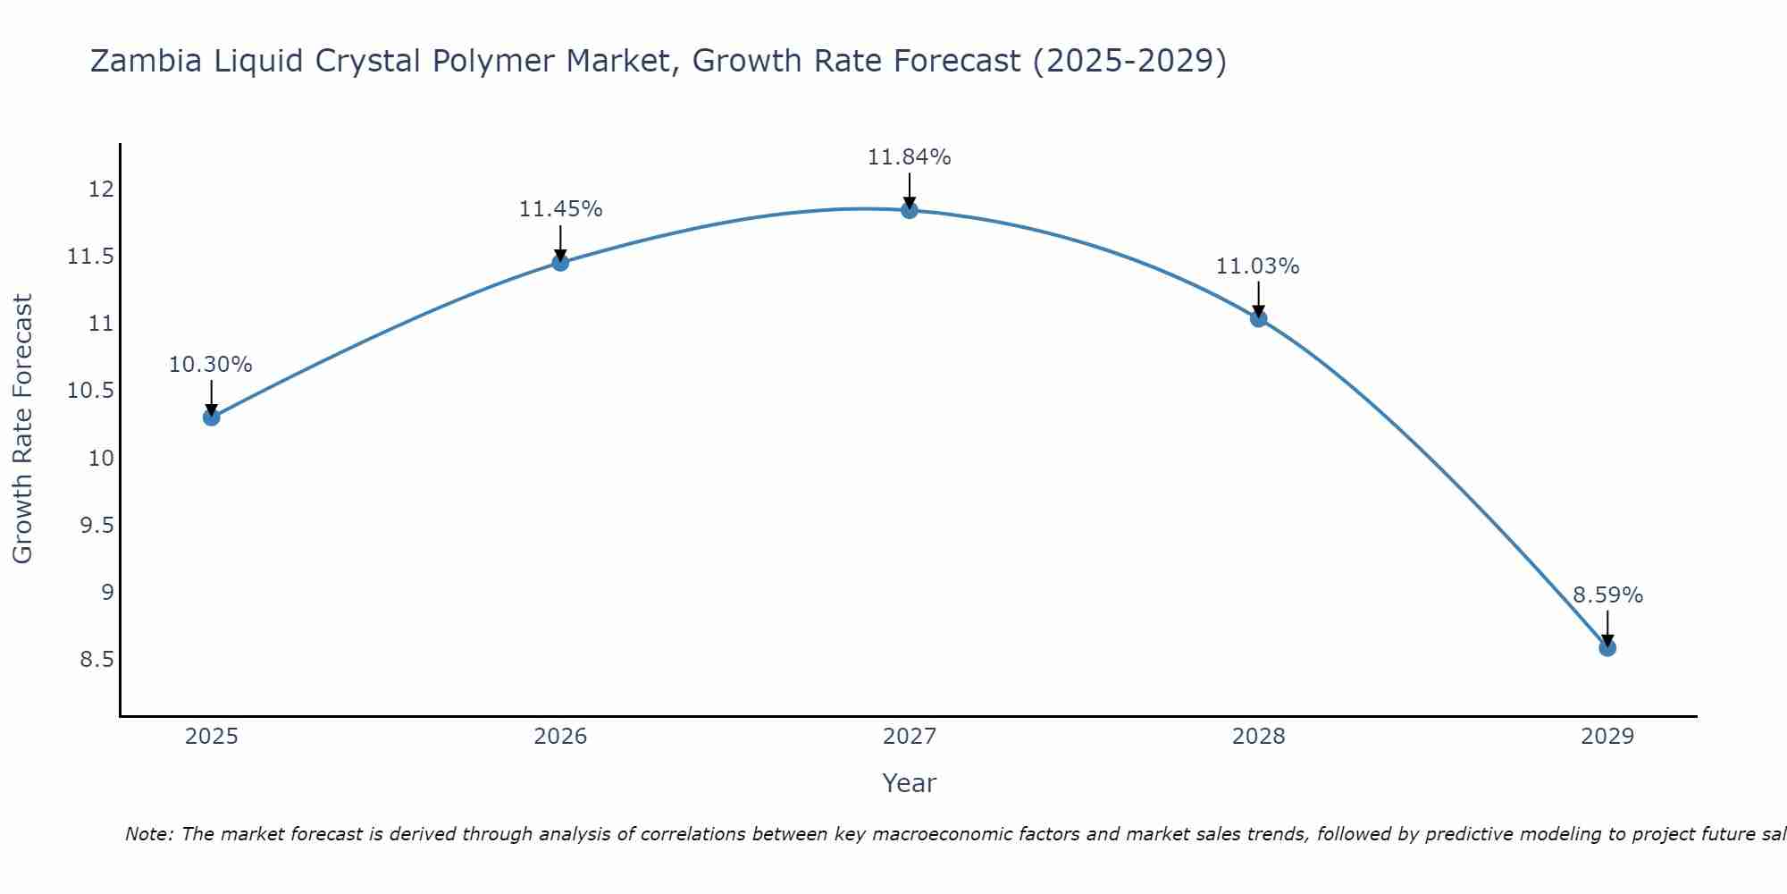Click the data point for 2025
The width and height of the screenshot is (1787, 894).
click(x=212, y=417)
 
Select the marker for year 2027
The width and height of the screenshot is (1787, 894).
click(x=910, y=210)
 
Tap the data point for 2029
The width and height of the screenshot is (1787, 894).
click(x=1607, y=647)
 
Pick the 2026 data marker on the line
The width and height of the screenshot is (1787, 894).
click(x=560, y=262)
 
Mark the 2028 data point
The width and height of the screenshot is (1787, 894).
click(x=1258, y=318)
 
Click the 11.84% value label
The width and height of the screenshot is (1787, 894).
click(x=909, y=157)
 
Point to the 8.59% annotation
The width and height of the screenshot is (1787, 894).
click(x=1607, y=595)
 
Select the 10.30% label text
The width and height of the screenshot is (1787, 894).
click(x=211, y=365)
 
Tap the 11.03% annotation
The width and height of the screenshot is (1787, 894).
click(x=1257, y=266)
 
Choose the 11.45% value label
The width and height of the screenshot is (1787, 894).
click(x=560, y=209)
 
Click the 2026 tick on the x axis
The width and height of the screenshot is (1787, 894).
click(x=560, y=737)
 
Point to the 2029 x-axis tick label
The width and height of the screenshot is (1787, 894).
click(x=1607, y=737)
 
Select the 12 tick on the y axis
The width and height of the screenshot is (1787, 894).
click(x=101, y=190)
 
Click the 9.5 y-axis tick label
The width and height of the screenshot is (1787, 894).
click(x=96, y=525)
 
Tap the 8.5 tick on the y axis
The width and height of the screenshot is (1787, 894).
click(x=96, y=660)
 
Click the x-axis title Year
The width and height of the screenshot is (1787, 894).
click(x=909, y=783)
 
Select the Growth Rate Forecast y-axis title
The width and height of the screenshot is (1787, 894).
click(x=22, y=429)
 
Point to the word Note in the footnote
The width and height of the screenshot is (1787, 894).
click(x=149, y=834)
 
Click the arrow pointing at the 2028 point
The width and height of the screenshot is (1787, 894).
click(x=1258, y=298)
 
